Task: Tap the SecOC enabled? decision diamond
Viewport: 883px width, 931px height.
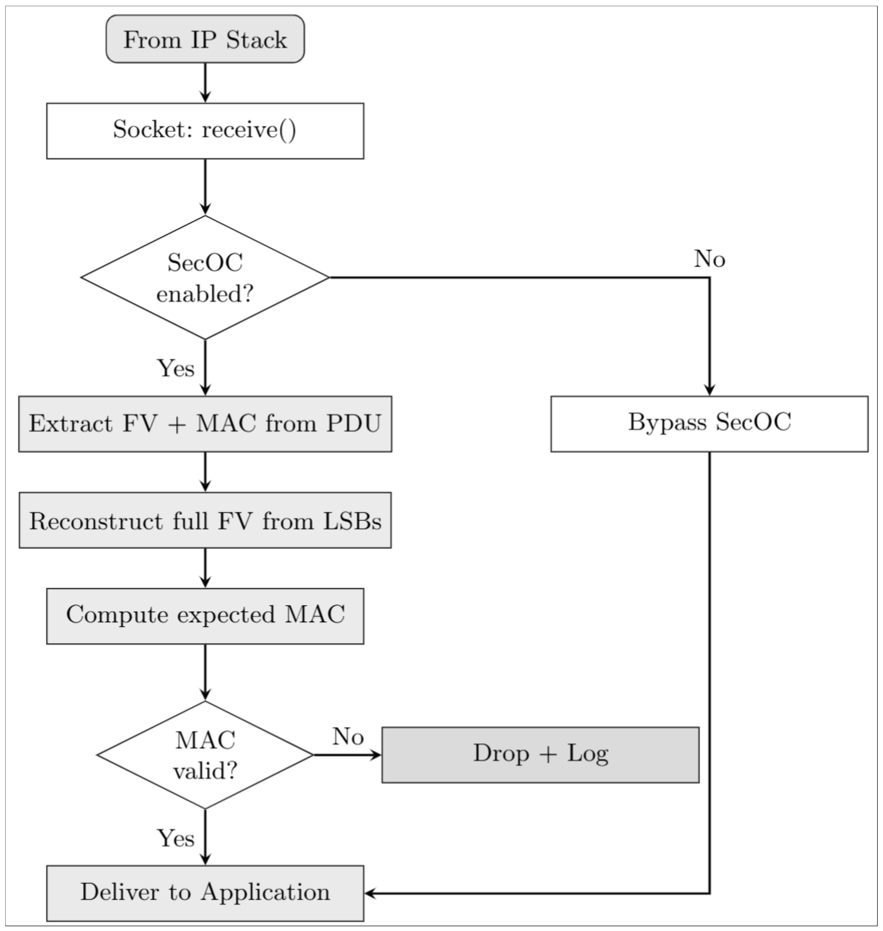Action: tap(205, 277)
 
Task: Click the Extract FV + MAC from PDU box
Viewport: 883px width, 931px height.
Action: tap(205, 424)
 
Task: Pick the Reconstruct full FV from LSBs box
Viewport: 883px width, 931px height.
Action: tap(205, 520)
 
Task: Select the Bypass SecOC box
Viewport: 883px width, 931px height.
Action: tap(709, 424)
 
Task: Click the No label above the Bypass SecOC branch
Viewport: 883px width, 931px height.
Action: tap(709, 259)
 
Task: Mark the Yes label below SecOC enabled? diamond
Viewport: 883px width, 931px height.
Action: tap(176, 368)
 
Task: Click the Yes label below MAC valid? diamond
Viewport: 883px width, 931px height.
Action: tap(176, 838)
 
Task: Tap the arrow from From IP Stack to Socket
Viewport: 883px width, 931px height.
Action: tap(205, 83)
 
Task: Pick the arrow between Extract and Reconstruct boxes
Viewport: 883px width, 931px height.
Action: tap(205, 472)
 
